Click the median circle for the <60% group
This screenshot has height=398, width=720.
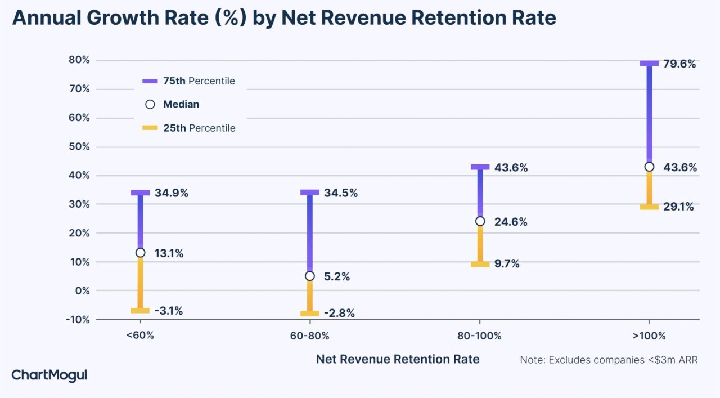(x=140, y=253)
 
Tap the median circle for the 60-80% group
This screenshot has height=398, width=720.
(x=310, y=276)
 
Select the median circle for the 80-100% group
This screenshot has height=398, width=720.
(x=480, y=221)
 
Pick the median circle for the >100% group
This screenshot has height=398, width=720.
(x=649, y=167)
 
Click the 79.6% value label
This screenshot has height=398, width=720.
(x=679, y=64)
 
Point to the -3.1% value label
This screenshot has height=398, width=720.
(x=169, y=311)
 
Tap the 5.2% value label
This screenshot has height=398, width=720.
(x=337, y=277)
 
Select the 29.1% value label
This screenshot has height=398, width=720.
(x=678, y=207)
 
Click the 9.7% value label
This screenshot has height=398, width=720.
(x=507, y=264)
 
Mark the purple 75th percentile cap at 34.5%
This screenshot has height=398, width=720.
(x=310, y=193)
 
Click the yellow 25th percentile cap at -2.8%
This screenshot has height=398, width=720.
(x=310, y=314)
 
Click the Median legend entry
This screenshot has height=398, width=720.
(x=172, y=104)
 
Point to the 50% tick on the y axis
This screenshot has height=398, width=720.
(x=79, y=147)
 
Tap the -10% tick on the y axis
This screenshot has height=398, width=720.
(x=78, y=320)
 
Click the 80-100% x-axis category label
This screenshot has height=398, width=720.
(x=479, y=336)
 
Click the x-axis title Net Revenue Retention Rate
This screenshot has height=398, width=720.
(x=398, y=359)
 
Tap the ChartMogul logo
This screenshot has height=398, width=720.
(x=49, y=375)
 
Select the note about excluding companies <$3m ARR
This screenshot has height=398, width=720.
(x=609, y=360)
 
